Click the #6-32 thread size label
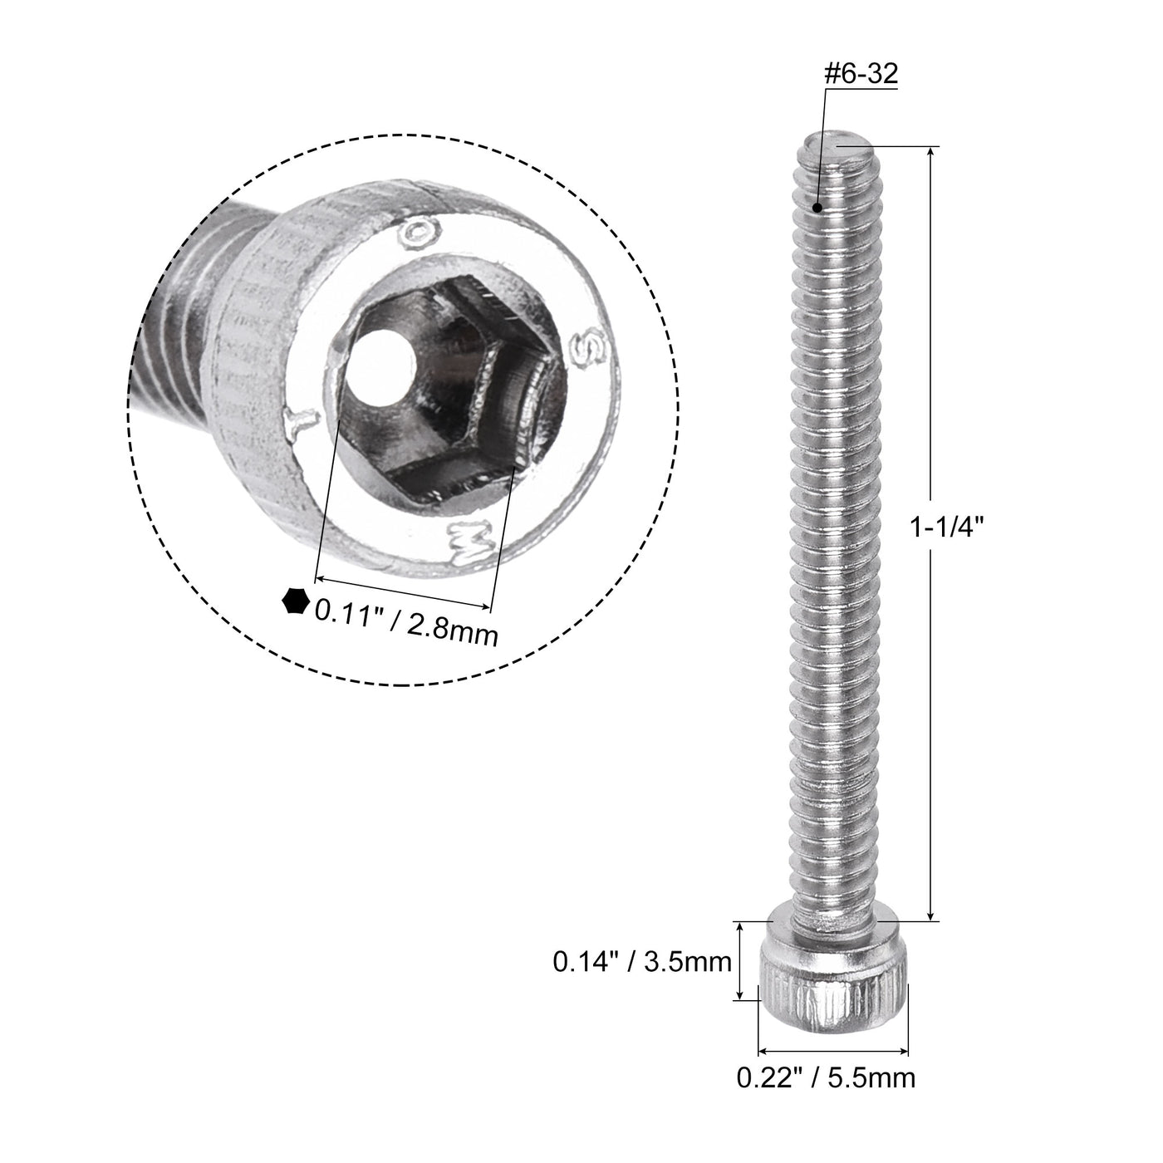click(860, 75)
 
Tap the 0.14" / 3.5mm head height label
click(641, 962)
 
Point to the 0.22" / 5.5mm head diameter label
click(826, 1077)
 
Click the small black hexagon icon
click(295, 601)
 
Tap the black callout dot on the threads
click(818, 208)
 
